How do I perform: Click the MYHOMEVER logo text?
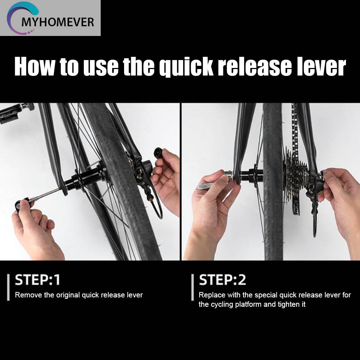click(58, 22)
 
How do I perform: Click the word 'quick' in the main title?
click(187, 67)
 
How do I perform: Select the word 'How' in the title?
click(35, 67)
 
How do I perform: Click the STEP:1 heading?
click(37, 280)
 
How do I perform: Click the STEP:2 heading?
click(222, 280)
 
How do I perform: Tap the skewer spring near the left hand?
click(33, 200)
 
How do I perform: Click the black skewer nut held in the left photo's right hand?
click(158, 152)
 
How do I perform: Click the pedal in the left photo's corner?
click(14, 113)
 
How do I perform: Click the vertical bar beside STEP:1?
click(9, 287)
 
